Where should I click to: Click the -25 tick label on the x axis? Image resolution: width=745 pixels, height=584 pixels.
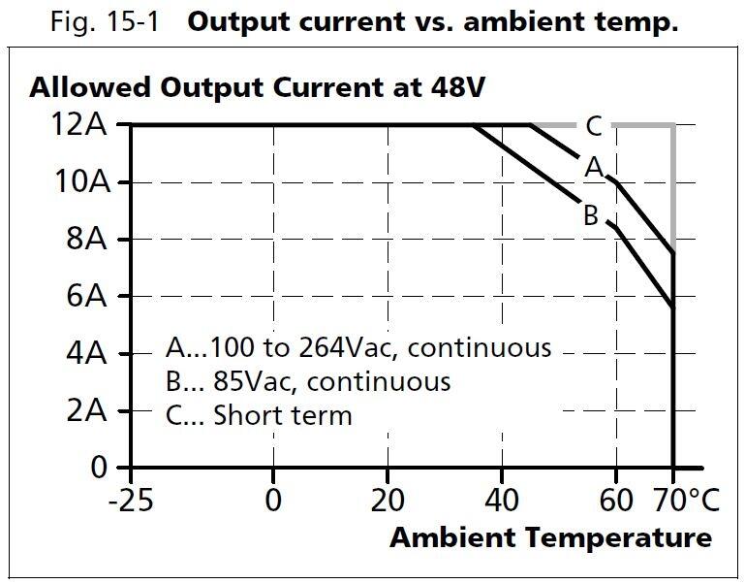[x=131, y=501]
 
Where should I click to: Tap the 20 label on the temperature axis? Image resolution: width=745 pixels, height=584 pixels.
[x=388, y=501]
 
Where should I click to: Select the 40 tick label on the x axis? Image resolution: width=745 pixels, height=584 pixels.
[x=502, y=501]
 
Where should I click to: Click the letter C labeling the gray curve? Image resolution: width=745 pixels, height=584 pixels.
[x=593, y=126]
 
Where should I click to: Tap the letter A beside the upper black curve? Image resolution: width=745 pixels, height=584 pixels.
[x=593, y=168]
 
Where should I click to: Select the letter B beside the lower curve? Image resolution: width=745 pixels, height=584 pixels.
[x=590, y=215]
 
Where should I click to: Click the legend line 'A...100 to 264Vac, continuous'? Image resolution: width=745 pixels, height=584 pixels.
[x=357, y=347]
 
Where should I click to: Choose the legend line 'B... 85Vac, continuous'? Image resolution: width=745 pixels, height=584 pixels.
[x=307, y=381]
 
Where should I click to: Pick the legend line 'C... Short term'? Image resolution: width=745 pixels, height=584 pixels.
[x=258, y=415]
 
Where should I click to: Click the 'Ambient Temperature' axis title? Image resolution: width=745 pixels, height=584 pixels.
[x=550, y=537]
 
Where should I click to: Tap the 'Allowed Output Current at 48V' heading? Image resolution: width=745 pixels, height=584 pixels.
[x=257, y=87]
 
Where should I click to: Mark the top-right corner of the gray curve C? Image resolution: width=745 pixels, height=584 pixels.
[x=672, y=125]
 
